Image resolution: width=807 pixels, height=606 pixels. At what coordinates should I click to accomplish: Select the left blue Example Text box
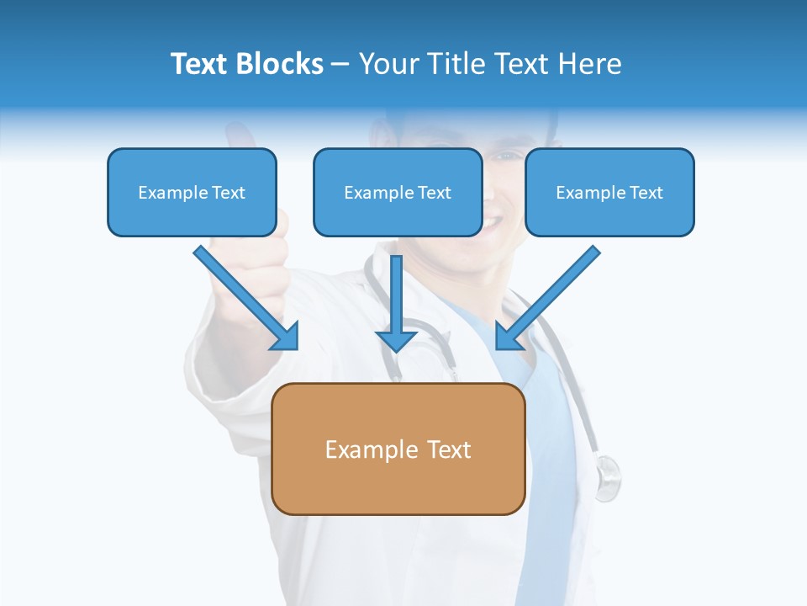click(x=192, y=192)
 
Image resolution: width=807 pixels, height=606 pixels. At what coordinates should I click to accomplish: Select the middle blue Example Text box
click(x=398, y=192)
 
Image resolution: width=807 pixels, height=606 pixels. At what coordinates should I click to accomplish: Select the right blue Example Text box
click(x=609, y=192)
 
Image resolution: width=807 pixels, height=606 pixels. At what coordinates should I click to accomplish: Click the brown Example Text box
click(x=398, y=449)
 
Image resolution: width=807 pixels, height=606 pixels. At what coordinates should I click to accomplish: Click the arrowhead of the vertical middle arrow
click(x=396, y=341)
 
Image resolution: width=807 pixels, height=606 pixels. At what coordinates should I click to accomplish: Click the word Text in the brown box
click(x=449, y=449)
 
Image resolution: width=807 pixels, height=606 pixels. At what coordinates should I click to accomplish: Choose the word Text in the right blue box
click(x=645, y=193)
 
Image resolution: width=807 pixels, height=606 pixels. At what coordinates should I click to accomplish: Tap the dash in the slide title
click(x=340, y=64)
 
